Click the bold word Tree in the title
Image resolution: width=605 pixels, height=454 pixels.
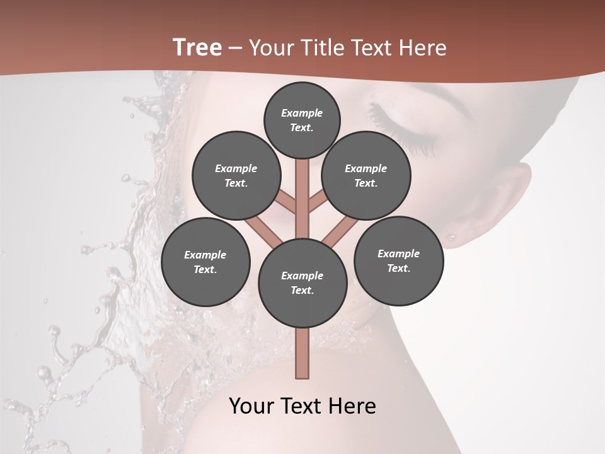197,47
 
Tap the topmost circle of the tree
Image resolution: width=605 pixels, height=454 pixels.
302,120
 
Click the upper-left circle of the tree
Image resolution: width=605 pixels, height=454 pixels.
236,176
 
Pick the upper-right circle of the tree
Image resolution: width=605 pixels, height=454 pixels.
366,176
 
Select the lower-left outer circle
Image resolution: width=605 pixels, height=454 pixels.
205,262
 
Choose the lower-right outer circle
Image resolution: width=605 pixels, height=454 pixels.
398,261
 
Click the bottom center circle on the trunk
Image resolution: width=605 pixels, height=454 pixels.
302,283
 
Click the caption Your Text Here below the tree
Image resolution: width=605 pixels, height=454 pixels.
302,406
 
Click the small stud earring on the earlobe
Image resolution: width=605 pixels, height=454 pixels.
452,238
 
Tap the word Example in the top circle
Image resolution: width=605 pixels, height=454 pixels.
302,113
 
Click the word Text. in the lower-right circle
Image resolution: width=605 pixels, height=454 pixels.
398,269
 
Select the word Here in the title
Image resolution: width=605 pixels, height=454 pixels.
423,48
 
